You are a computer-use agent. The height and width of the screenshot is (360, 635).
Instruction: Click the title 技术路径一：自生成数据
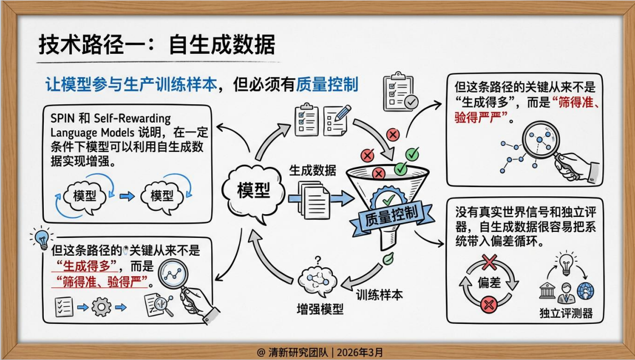(156, 44)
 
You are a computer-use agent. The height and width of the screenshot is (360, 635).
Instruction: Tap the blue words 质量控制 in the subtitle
(327, 84)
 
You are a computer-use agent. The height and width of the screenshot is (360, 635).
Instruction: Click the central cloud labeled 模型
(253, 190)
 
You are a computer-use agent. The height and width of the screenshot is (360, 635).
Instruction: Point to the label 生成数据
(312, 170)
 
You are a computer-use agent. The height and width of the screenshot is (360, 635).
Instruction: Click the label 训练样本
(379, 295)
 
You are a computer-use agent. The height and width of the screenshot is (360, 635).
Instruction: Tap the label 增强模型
(321, 309)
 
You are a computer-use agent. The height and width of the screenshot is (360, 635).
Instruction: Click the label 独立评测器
(566, 313)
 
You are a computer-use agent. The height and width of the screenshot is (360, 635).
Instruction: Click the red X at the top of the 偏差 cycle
(489, 261)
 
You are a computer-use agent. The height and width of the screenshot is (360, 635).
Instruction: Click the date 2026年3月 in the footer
(360, 352)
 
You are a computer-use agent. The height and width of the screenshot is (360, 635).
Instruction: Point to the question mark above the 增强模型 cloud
(318, 259)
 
